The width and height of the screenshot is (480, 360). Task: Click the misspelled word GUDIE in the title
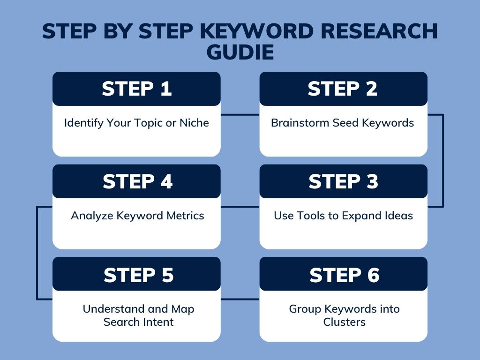click(x=240, y=52)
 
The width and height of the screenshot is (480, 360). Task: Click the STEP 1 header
click(x=136, y=89)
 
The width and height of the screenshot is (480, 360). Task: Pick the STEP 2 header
click(x=343, y=89)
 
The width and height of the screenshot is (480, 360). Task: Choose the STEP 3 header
click(x=343, y=182)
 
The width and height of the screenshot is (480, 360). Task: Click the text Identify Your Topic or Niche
click(x=136, y=123)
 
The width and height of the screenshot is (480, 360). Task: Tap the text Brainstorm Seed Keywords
click(x=343, y=123)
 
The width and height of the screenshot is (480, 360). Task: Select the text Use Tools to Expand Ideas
click(x=343, y=216)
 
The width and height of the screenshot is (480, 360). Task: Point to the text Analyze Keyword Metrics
click(x=137, y=216)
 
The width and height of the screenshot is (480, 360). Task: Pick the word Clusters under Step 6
click(x=344, y=322)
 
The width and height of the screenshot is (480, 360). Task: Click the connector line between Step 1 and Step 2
click(x=240, y=114)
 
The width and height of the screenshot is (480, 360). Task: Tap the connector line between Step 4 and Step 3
click(x=240, y=207)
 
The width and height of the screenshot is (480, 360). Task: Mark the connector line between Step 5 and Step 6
click(x=240, y=299)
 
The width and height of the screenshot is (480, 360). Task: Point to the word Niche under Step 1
click(x=194, y=123)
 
